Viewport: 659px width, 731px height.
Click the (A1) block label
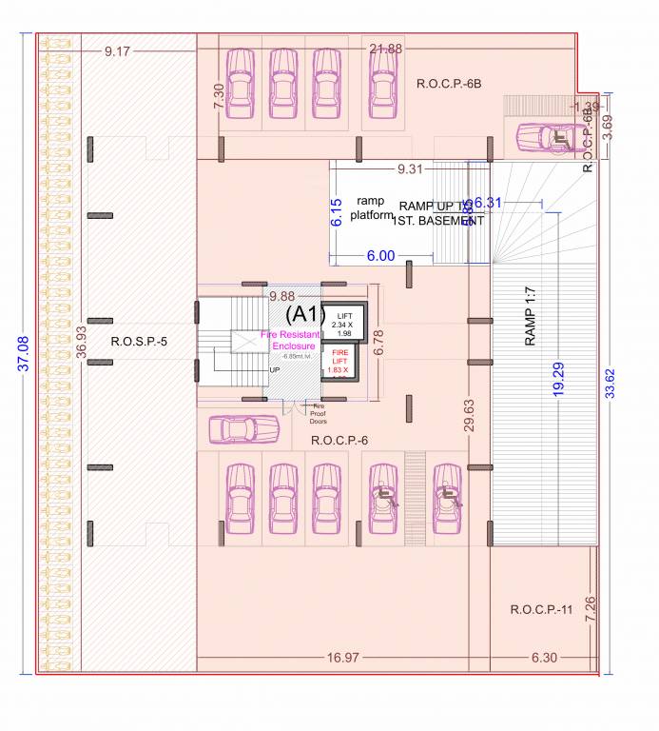pyautogui.click(x=306, y=314)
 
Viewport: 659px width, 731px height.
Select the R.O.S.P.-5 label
pyautogui.click(x=139, y=342)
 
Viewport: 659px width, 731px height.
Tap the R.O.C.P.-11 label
pyautogui.click(x=541, y=609)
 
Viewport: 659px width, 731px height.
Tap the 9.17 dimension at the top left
pyautogui.click(x=117, y=51)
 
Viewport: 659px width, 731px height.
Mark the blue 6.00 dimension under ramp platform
pyautogui.click(x=380, y=256)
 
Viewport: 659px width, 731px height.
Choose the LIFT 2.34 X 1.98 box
pyautogui.click(x=341, y=325)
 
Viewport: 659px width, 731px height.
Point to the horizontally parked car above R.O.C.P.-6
pyautogui.click(x=244, y=429)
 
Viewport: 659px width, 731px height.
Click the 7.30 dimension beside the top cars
pyautogui.click(x=219, y=96)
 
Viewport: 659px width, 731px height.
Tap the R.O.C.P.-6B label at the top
pyautogui.click(x=449, y=84)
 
